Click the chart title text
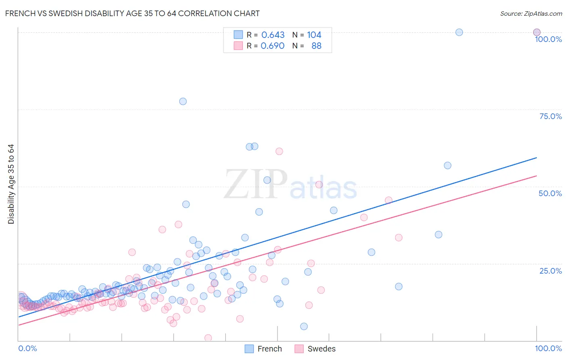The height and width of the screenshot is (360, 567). pos(132,13)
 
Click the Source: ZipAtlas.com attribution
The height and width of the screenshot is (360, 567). pos(531,13)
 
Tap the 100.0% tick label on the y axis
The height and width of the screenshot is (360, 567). pos(548,39)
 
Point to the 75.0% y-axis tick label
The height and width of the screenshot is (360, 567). pos(550,116)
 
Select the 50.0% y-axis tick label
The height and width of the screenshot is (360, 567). pos(550,193)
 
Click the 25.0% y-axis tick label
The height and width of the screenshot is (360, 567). pos(550,270)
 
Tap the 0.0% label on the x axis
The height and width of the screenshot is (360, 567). pos(27,348)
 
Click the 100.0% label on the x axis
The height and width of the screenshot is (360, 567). pos(548,348)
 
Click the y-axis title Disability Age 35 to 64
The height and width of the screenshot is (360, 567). pos(11,184)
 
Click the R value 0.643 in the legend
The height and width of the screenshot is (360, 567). pos(273,35)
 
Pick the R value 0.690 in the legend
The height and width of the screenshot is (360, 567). pos(273,46)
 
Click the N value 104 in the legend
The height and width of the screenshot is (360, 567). pos(314,35)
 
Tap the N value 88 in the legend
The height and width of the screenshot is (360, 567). pos(317,46)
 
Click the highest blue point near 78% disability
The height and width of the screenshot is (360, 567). pos(183,101)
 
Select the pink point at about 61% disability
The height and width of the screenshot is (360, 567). pos(279,151)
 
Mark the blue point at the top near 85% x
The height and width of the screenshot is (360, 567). pos(459,32)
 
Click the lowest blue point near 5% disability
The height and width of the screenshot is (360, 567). pos(304,327)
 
